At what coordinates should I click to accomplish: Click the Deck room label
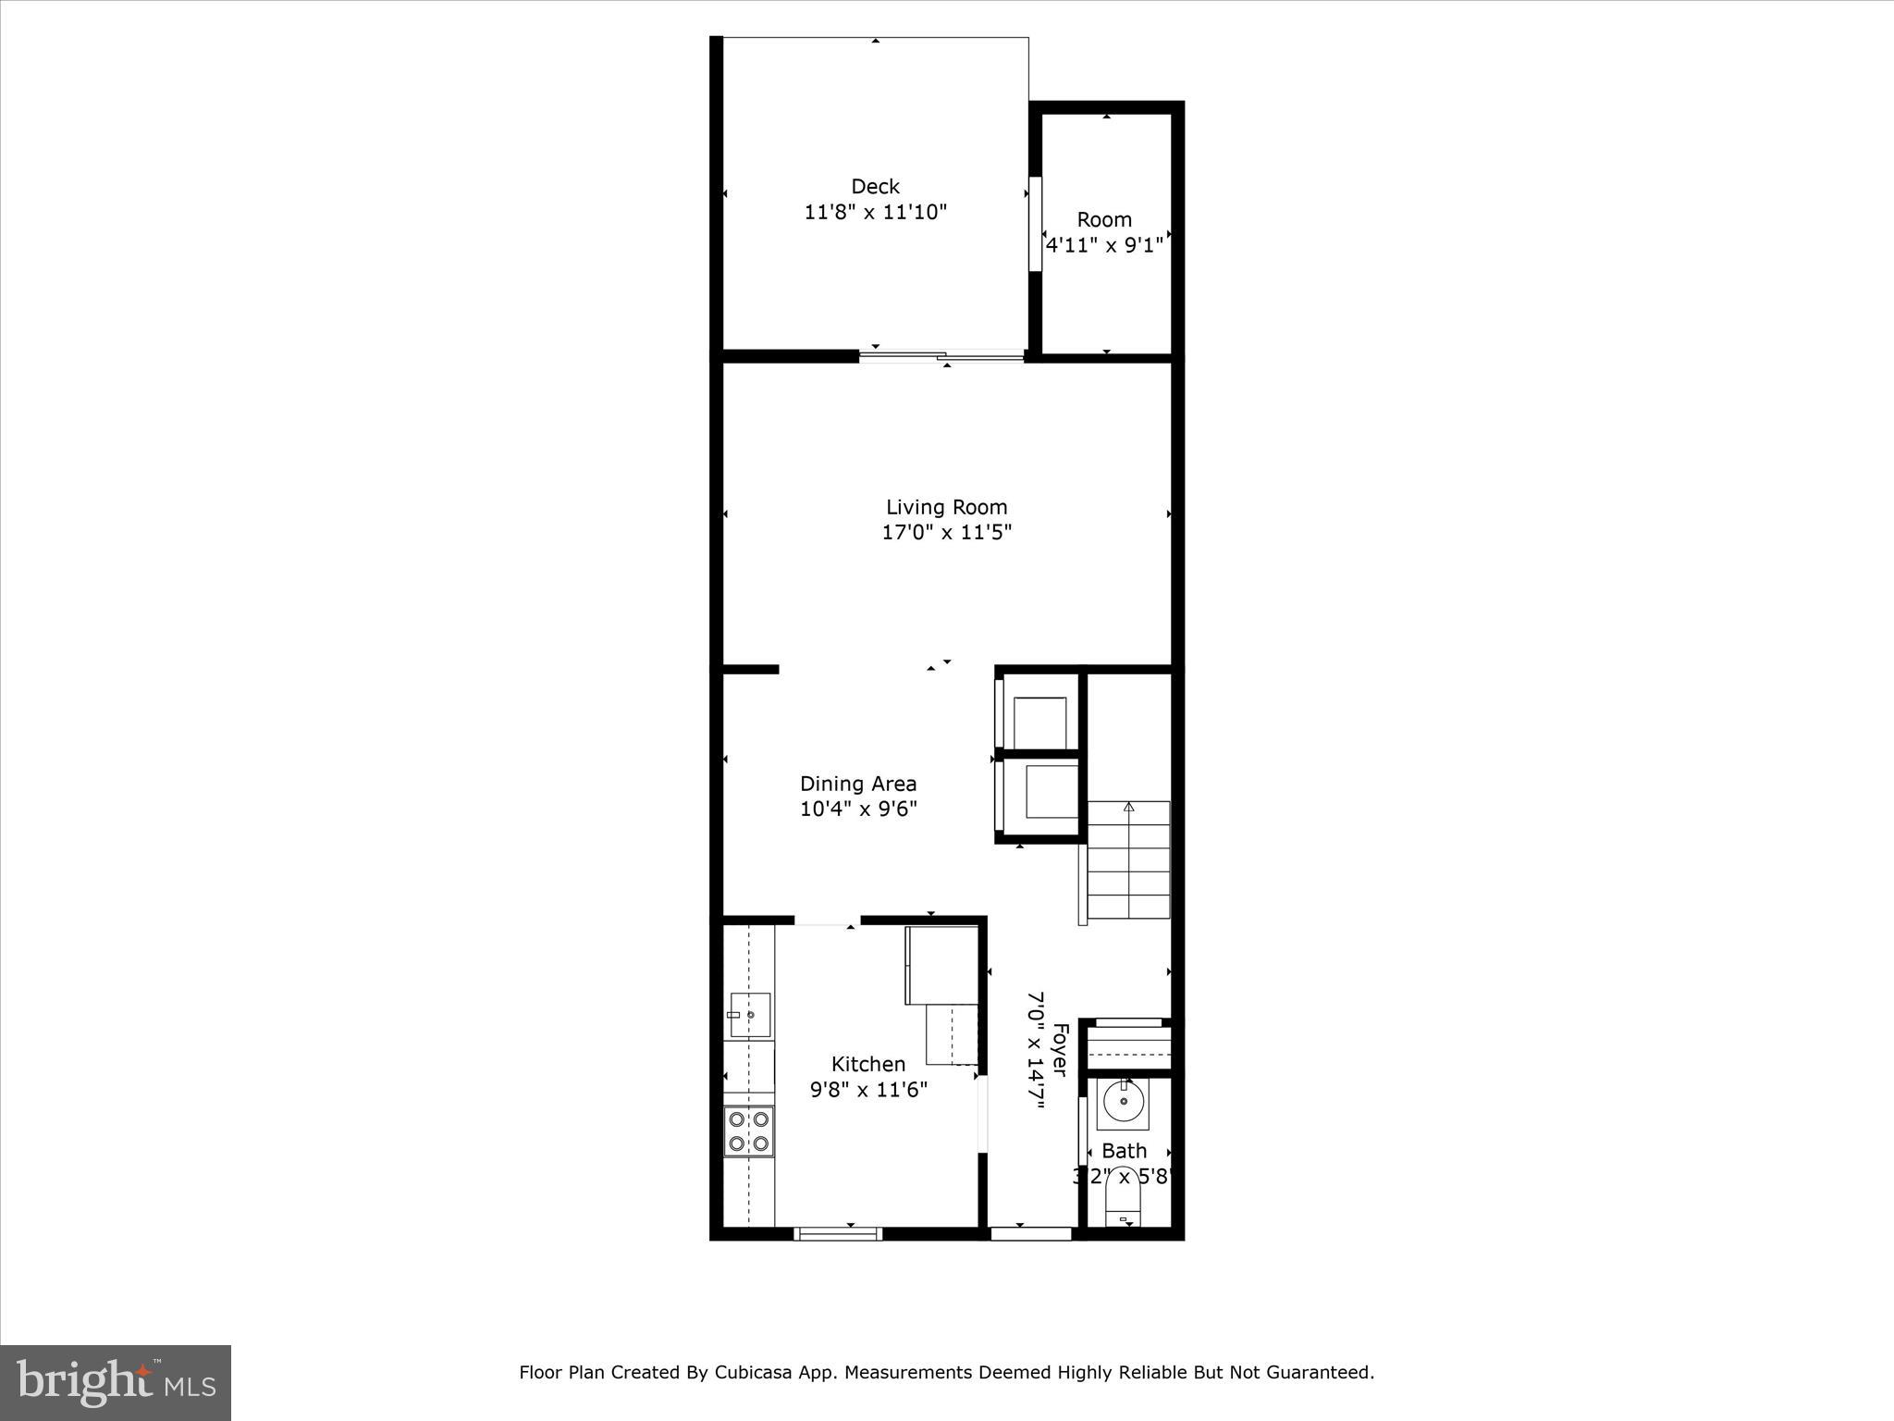(x=875, y=187)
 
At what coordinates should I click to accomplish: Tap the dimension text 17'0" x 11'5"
(x=946, y=533)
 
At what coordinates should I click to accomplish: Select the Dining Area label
(x=858, y=784)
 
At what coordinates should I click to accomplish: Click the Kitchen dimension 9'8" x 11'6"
(x=868, y=1090)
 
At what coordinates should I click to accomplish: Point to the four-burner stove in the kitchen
(x=749, y=1131)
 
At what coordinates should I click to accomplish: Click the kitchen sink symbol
(x=750, y=1015)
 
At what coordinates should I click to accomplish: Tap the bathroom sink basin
(x=1123, y=1102)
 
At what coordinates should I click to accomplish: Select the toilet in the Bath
(x=1124, y=1204)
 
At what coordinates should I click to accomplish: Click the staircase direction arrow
(x=1128, y=808)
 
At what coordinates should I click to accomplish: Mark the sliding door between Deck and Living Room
(x=941, y=355)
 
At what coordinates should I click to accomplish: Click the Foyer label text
(x=1061, y=1049)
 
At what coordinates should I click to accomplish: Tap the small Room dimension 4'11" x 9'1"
(x=1104, y=246)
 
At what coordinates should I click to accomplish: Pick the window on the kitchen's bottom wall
(x=839, y=1233)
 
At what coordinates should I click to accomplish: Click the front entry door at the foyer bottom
(x=1031, y=1233)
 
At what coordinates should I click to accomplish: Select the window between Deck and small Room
(x=1036, y=224)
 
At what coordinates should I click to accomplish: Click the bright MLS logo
(x=116, y=1382)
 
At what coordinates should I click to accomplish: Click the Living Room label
(x=946, y=507)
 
